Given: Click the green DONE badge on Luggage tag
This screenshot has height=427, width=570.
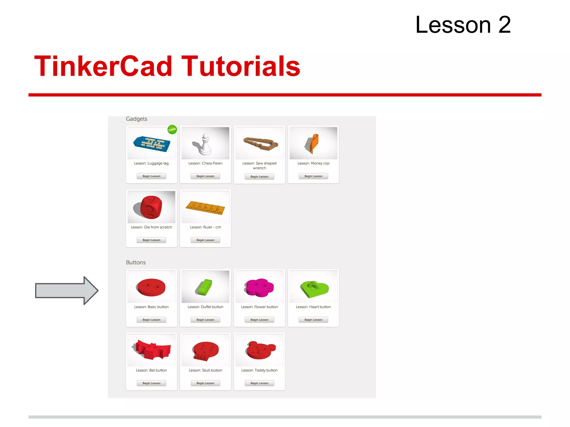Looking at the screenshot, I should pyautogui.click(x=172, y=130).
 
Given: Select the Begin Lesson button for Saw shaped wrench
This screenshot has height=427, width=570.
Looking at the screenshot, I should pyautogui.click(x=259, y=177).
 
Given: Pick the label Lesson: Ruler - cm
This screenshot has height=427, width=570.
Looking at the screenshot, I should pyautogui.click(x=205, y=227).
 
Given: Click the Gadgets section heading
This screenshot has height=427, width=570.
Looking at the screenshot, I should pyautogui.click(x=136, y=119).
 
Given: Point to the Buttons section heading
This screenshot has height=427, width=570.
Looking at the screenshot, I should pyautogui.click(x=136, y=262).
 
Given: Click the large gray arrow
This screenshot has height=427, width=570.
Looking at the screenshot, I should pyautogui.click(x=67, y=291).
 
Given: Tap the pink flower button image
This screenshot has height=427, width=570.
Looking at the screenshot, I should pyautogui.click(x=259, y=287).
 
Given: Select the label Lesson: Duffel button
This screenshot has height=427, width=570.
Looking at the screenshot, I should pyautogui.click(x=205, y=307).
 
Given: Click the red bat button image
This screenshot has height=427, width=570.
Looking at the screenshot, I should pyautogui.click(x=152, y=350).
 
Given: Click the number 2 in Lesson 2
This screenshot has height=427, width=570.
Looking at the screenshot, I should pyautogui.click(x=505, y=25).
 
